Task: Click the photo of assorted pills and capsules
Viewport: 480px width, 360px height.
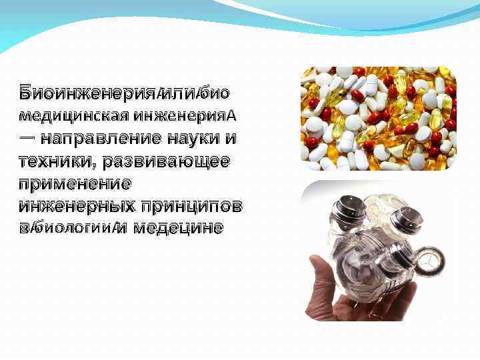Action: coord(378,119)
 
